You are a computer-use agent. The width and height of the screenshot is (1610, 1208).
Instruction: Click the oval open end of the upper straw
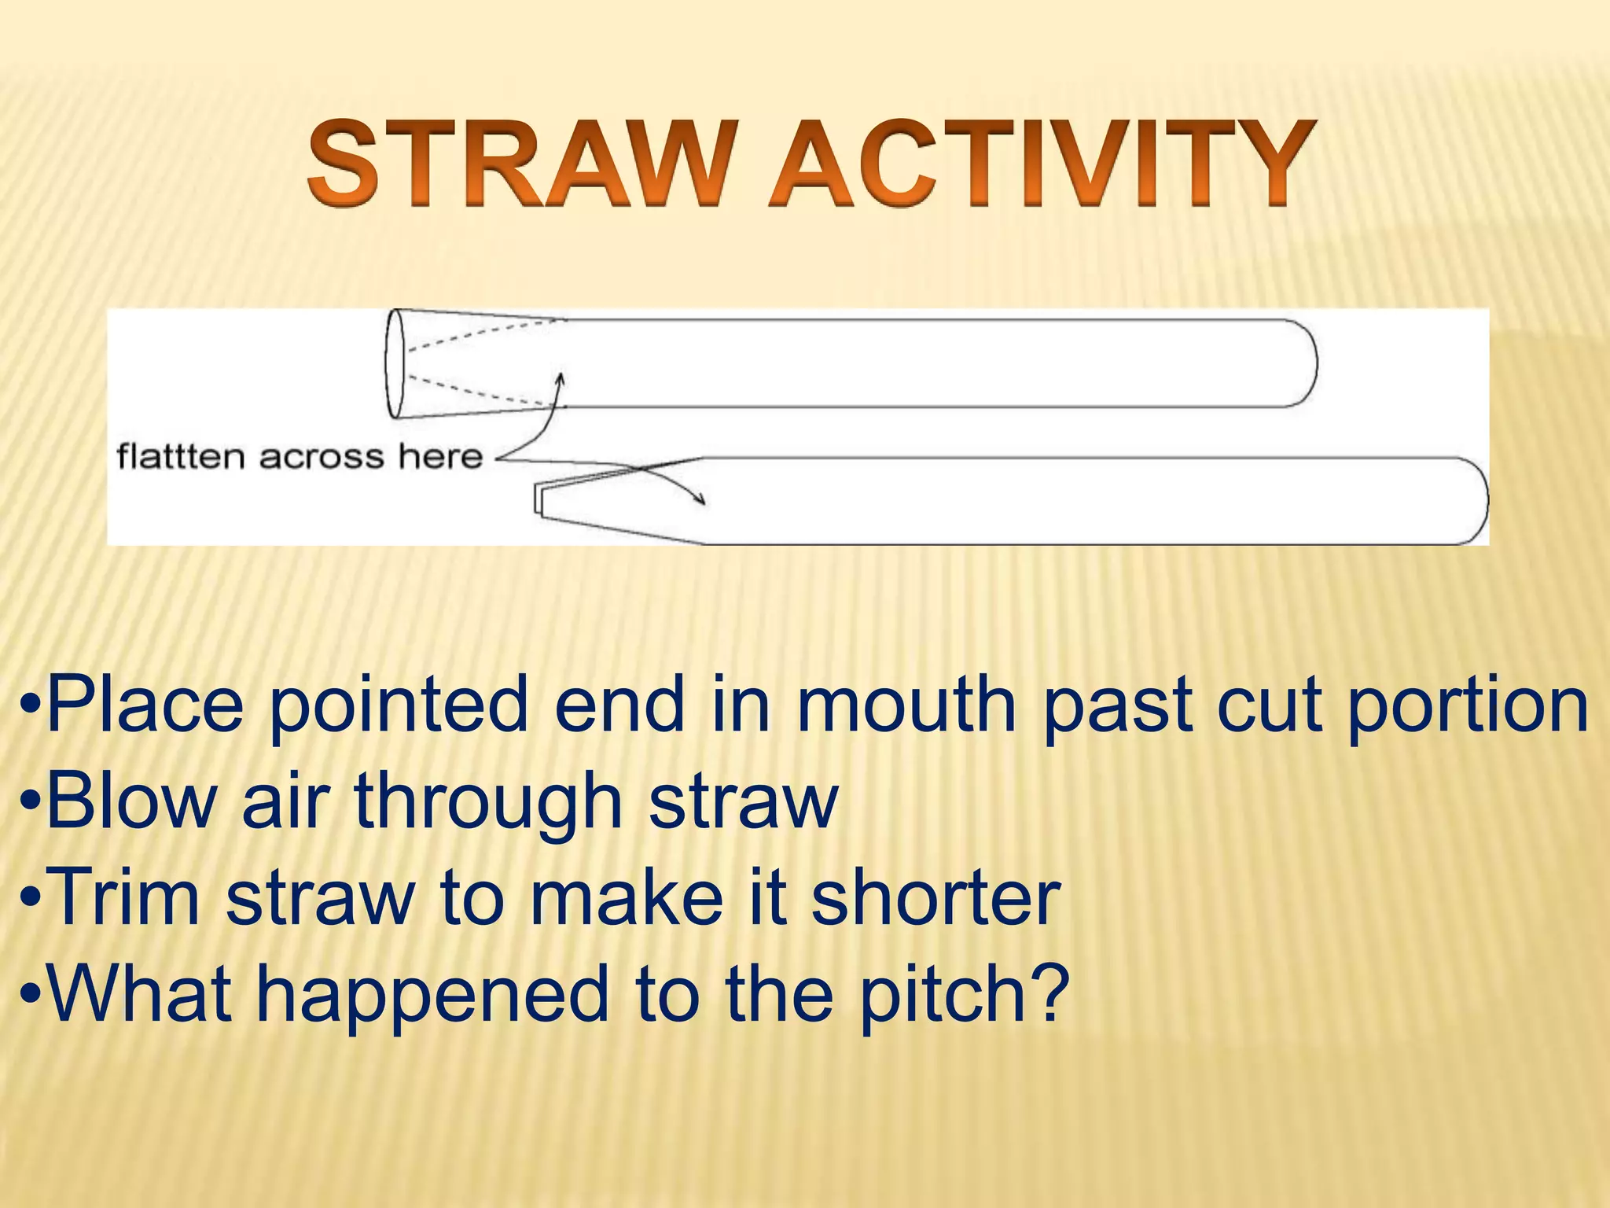[395, 363]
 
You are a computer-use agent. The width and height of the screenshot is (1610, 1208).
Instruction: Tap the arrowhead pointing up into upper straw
[560, 379]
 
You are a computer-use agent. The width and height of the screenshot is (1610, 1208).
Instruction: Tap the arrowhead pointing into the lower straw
[700, 499]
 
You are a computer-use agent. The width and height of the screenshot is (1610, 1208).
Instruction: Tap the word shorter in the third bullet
[935, 897]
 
